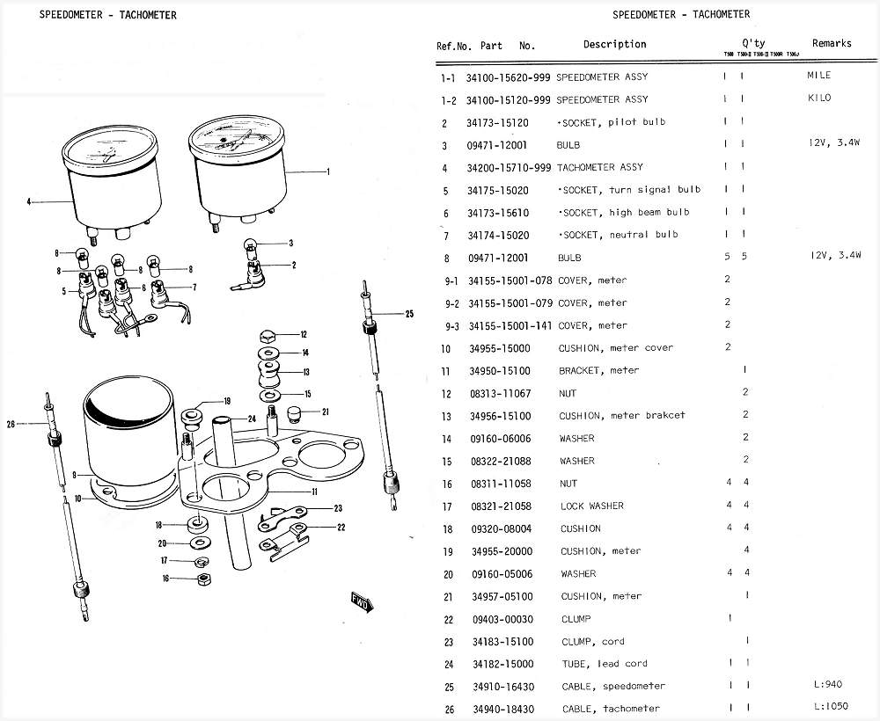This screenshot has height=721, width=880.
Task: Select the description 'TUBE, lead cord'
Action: pos(604,664)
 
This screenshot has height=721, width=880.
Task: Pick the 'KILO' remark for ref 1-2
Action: pos(818,98)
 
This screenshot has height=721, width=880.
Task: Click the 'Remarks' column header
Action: pos(832,43)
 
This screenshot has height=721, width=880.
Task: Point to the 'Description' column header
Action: pos(614,44)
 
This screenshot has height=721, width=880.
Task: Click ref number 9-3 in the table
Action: pos(450,325)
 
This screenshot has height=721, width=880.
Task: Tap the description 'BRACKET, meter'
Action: pos(598,371)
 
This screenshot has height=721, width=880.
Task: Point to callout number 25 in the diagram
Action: pos(408,314)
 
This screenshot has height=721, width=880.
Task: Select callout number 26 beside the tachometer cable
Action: pos(11,425)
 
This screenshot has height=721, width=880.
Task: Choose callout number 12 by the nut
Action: pos(304,334)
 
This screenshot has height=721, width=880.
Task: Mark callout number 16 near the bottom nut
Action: pos(164,578)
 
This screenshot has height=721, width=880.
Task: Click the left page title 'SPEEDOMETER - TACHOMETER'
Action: pos(107,15)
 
